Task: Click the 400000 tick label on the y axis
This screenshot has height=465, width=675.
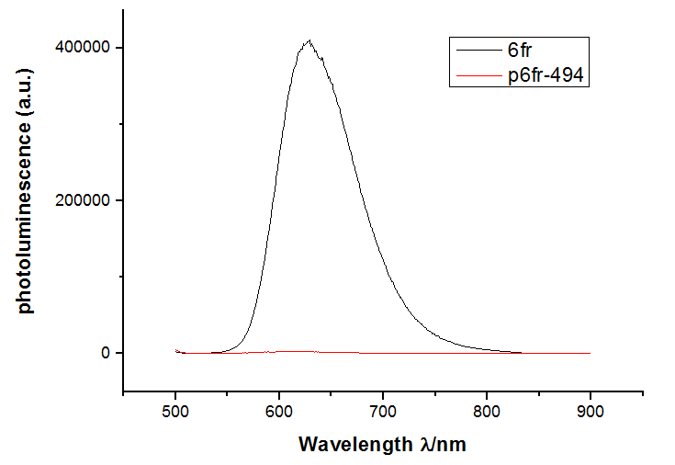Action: (85, 48)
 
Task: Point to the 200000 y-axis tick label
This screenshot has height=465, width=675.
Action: (85, 200)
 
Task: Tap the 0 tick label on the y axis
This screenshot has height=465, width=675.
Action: (106, 353)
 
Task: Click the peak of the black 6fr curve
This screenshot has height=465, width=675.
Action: (310, 40)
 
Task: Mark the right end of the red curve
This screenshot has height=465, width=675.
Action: (591, 353)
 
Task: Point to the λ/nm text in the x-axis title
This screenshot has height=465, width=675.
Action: (441, 445)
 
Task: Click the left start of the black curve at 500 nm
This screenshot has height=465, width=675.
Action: (176, 350)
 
